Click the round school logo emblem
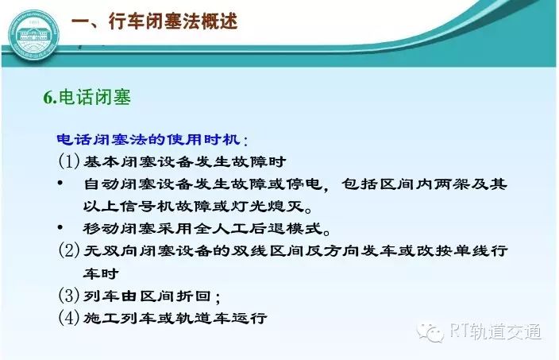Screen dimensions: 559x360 pyautogui.click(x=33, y=36)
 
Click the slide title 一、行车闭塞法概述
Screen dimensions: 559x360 pyautogui.click(x=154, y=21)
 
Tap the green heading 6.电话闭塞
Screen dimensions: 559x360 pyautogui.click(x=87, y=97)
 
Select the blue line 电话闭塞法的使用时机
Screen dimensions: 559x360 pyautogui.click(x=148, y=139)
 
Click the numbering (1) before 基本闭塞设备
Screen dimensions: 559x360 pyautogui.click(x=69, y=161)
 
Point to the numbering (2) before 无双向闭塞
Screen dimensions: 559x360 pyautogui.click(x=69, y=250)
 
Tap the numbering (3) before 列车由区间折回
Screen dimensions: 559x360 pyautogui.click(x=69, y=295)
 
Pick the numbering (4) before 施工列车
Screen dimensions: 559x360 pyautogui.click(x=69, y=317)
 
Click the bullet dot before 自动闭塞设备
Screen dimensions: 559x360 pyautogui.click(x=60, y=184)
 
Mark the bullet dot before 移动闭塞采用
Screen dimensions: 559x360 pyautogui.click(x=60, y=227)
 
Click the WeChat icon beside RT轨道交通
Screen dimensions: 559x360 pyautogui.click(x=430, y=332)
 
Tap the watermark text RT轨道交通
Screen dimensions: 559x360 pyautogui.click(x=495, y=331)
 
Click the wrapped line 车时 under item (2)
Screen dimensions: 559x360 pyautogui.click(x=102, y=273)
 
